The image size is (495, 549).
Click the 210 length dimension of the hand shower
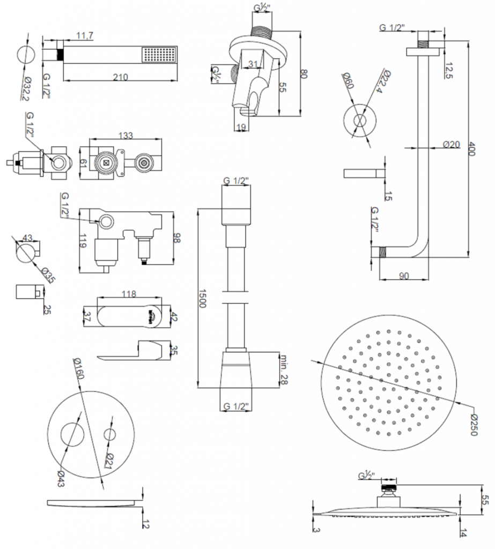(x=121, y=77)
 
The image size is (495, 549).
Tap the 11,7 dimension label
(x=85, y=35)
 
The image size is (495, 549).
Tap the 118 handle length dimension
(x=130, y=294)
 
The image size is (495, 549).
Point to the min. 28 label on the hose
(x=285, y=369)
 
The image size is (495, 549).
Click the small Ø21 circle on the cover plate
(x=111, y=434)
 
